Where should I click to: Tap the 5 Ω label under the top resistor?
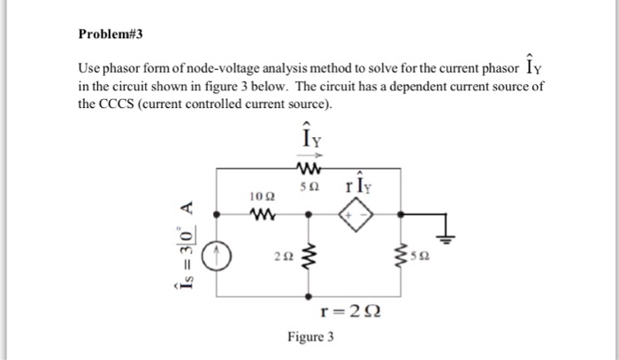[x=309, y=187]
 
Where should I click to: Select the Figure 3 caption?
[x=310, y=336]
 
